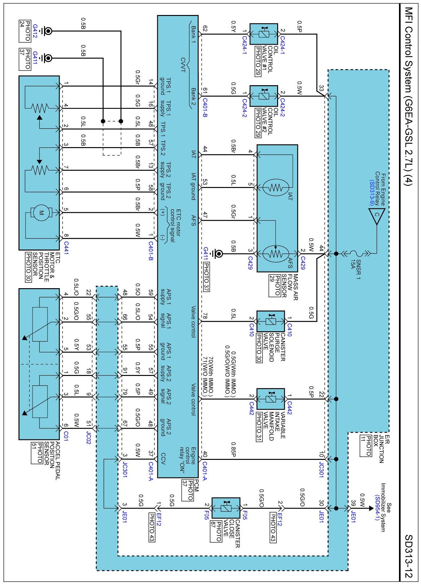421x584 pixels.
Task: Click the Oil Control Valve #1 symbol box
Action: pyautogui.click(x=263, y=34)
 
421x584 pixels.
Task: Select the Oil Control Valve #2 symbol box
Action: pyautogui.click(x=263, y=95)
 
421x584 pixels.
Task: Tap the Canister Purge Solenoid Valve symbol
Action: pyautogui.click(x=271, y=321)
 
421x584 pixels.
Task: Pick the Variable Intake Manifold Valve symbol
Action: pyautogui.click(x=271, y=399)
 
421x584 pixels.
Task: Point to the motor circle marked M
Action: pyautogui.click(x=41, y=213)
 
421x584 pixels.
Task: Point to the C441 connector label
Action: pyautogui.click(x=66, y=248)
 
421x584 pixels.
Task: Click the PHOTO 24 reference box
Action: pyautogui.click(x=25, y=31)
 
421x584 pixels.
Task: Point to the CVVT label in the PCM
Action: pyautogui.click(x=183, y=65)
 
